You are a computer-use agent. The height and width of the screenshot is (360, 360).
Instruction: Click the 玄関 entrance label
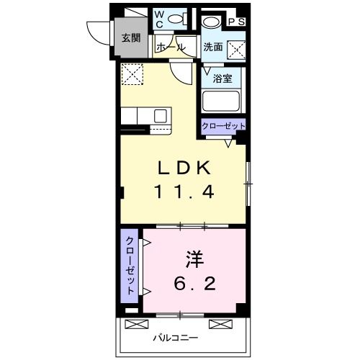point(130,38)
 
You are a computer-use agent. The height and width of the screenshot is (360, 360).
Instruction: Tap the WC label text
point(161,17)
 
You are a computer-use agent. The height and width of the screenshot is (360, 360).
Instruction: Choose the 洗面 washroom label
point(212,48)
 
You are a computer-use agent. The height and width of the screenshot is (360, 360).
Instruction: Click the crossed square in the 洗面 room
point(236,49)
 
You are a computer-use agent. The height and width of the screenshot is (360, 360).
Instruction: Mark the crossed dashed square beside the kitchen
point(132,73)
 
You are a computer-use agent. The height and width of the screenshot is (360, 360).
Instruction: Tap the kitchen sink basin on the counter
point(160,116)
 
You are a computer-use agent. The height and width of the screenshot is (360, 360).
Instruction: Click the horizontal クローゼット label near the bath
point(223,126)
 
